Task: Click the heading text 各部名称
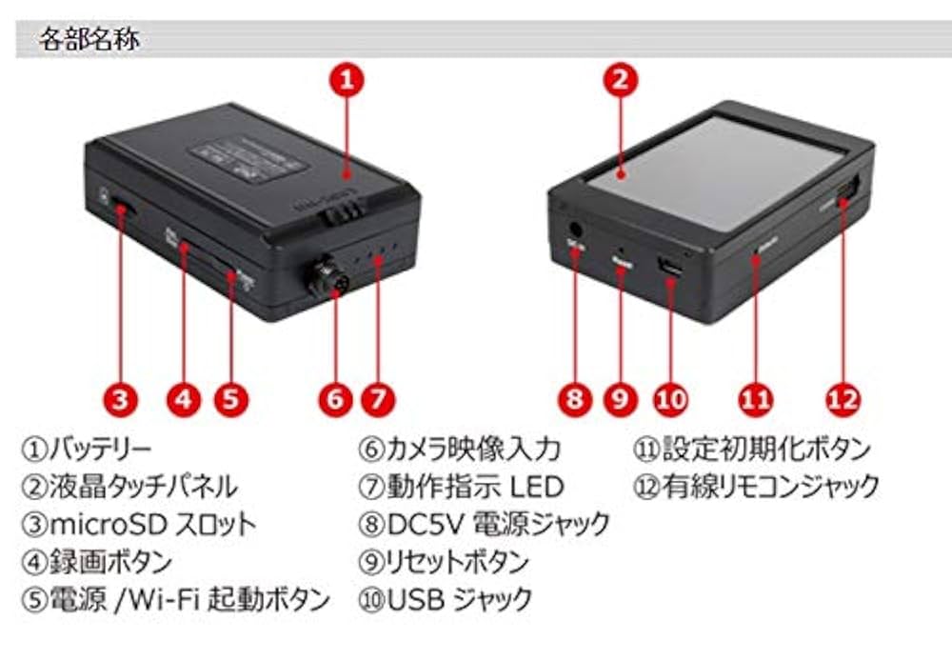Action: [89, 40]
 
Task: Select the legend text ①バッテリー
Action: [88, 448]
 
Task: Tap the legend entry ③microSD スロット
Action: [139, 523]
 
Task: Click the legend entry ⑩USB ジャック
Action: [445, 599]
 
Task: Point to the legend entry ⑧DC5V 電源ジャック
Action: [484, 523]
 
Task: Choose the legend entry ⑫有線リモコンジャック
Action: [756, 486]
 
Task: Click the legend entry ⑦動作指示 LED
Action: [461, 486]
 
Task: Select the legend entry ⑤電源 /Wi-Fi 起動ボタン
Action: [176, 599]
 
